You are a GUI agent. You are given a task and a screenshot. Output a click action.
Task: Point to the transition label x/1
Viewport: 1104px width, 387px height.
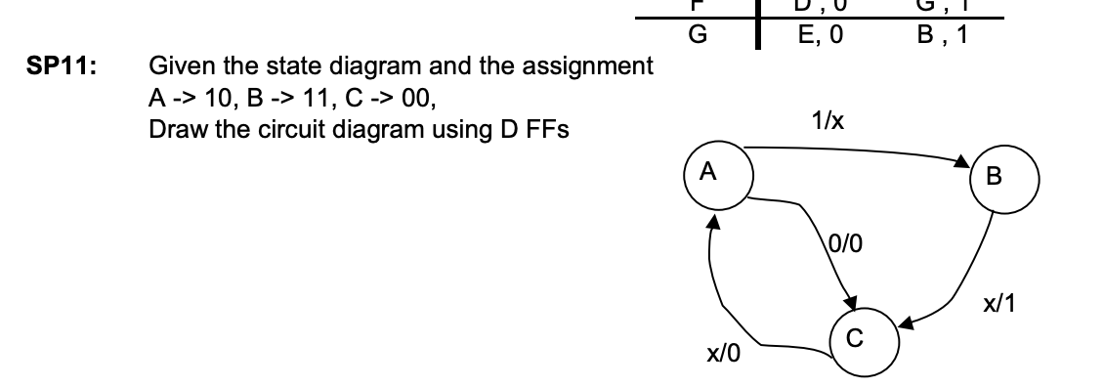tap(1000, 304)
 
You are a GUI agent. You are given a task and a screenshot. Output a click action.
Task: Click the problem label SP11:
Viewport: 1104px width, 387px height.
tap(44, 68)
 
